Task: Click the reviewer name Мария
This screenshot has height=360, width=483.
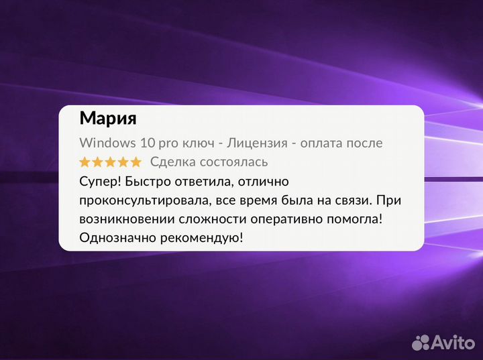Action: pos(108,119)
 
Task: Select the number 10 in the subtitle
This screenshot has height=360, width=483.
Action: pos(148,143)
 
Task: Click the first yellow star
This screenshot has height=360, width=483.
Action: pos(85,162)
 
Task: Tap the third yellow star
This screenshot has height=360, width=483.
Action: pos(110,162)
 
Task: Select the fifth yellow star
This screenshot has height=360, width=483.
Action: pos(136,162)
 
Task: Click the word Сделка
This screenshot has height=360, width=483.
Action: pos(172,162)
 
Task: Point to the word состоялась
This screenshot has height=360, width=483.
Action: pos(233,162)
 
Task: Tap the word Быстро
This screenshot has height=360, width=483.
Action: pos(148,181)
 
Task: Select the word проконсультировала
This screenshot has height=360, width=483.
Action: pos(138,200)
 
